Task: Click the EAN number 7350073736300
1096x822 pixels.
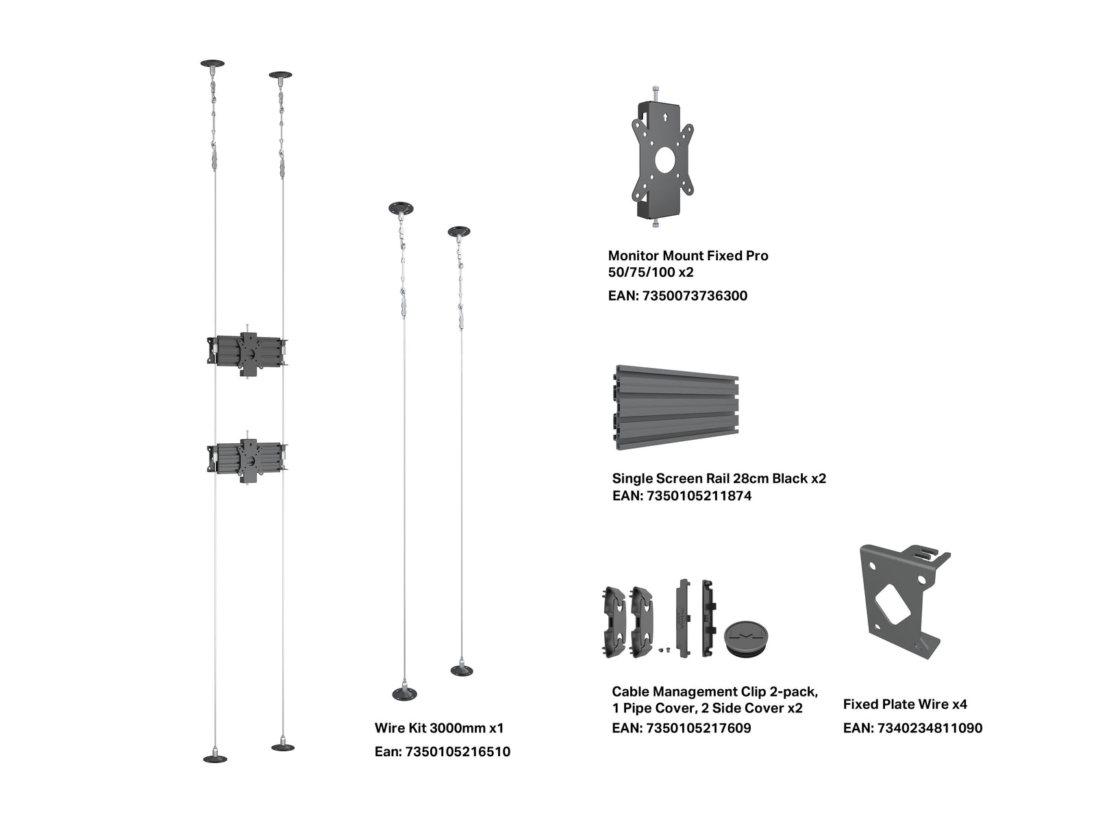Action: pos(694,296)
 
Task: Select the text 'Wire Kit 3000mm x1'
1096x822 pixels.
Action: pos(439,728)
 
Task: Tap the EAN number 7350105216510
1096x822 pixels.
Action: pos(458,752)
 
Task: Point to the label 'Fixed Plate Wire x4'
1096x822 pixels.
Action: pos(905,705)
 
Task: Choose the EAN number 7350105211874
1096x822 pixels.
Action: pos(699,496)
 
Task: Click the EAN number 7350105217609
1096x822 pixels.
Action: pos(699,729)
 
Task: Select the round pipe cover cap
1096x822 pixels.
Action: pos(747,639)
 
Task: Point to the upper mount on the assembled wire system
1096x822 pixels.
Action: pos(247,354)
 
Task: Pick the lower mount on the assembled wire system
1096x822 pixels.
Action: pos(247,460)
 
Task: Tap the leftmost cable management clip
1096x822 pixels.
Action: pos(612,622)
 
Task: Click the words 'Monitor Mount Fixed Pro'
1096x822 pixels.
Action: pos(688,256)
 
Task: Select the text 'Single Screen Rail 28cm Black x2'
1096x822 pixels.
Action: pos(719,479)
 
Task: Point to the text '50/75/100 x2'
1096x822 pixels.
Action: pos(651,273)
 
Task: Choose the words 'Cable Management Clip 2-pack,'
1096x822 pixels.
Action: pos(715,692)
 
